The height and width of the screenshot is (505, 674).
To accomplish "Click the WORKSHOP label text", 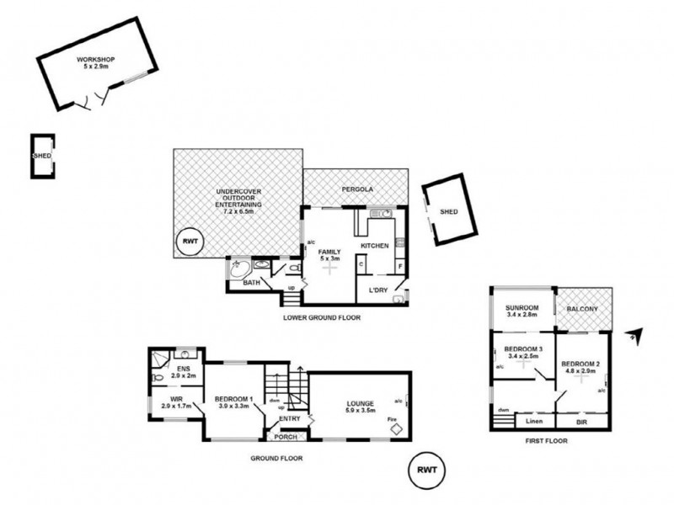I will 95,60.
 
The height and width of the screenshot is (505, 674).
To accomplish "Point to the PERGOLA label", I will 356,190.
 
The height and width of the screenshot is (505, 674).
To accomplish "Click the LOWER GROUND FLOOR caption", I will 324,318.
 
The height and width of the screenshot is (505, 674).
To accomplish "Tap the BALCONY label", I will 582,310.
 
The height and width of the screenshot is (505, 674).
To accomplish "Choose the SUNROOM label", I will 521,308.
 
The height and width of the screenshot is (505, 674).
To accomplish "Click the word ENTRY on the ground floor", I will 289,418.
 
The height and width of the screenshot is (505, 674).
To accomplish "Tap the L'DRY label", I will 377,290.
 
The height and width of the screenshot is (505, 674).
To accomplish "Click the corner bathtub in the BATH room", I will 238,268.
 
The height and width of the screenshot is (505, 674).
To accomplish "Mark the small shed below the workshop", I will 41,156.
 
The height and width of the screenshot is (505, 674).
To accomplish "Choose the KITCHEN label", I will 374,246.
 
